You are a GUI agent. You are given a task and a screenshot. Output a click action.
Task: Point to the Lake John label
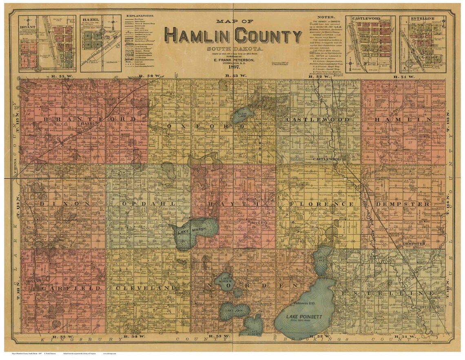click(x=230, y=311)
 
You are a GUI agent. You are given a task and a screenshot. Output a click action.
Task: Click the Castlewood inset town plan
click(x=370, y=44)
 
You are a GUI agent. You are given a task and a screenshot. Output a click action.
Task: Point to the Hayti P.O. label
click(x=255, y=223)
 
